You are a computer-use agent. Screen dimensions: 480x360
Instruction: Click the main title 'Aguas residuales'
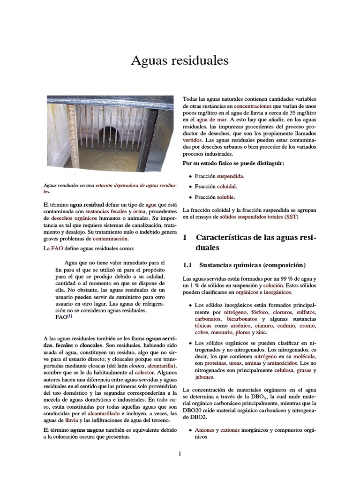tap(180, 60)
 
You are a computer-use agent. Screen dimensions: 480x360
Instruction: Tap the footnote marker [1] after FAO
tap(69, 316)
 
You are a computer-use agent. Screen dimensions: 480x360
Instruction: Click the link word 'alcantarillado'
tap(104, 414)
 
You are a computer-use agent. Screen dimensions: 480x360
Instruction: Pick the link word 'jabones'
tap(205, 376)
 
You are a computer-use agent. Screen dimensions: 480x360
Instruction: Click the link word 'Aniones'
tap(204, 429)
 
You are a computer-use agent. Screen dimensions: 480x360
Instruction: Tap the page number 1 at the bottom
tap(180, 454)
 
